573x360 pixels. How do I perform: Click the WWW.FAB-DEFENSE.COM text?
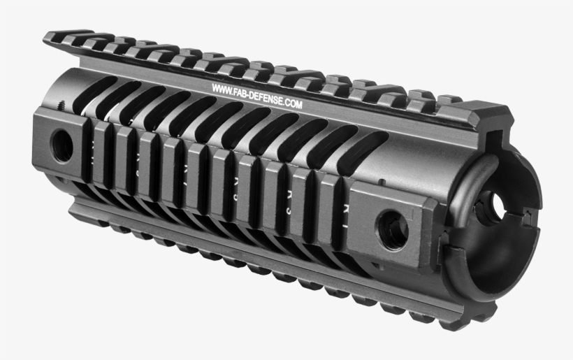pos(256,97)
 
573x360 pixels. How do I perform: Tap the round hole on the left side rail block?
pos(61,145)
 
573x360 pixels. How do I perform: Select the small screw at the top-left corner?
pos(61,104)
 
